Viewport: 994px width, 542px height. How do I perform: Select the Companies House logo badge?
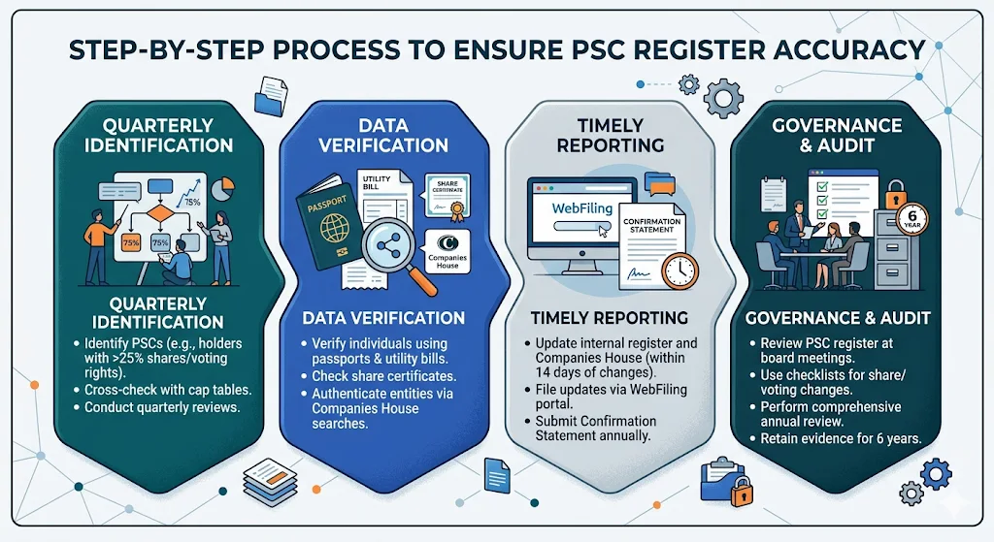point(447,251)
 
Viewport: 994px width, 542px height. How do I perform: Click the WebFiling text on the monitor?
point(580,208)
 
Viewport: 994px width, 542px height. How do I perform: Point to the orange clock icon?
point(679,270)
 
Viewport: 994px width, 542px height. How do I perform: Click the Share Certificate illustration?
point(446,194)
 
